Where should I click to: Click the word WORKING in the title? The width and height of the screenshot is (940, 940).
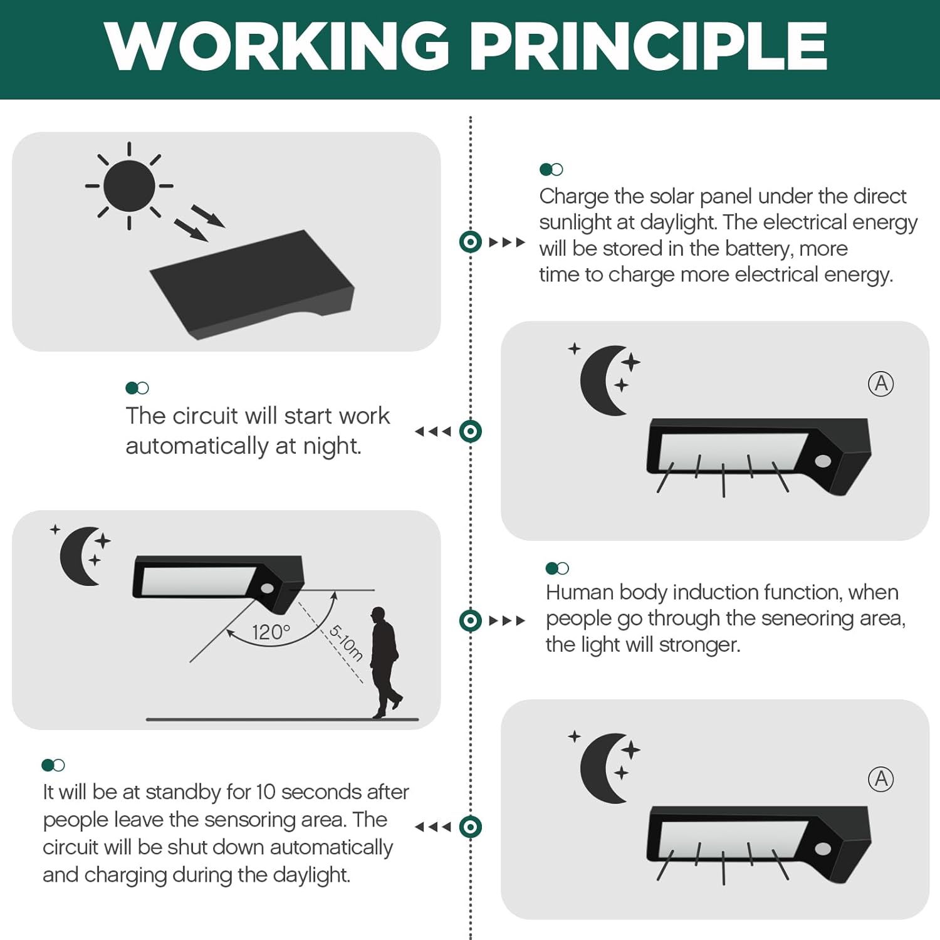277,45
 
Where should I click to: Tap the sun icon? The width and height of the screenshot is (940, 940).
129,186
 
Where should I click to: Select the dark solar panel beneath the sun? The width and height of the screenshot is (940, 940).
253,285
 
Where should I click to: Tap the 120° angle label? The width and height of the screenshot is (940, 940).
271,632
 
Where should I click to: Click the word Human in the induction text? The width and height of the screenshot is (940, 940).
580,592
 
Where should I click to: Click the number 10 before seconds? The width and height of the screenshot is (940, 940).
266,792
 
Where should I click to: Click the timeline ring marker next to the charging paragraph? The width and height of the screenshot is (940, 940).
471,242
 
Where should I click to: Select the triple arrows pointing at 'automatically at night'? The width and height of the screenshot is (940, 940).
433,431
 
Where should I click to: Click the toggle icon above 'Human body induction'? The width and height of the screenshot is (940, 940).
557,568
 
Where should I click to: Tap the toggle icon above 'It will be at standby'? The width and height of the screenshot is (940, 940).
53,765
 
